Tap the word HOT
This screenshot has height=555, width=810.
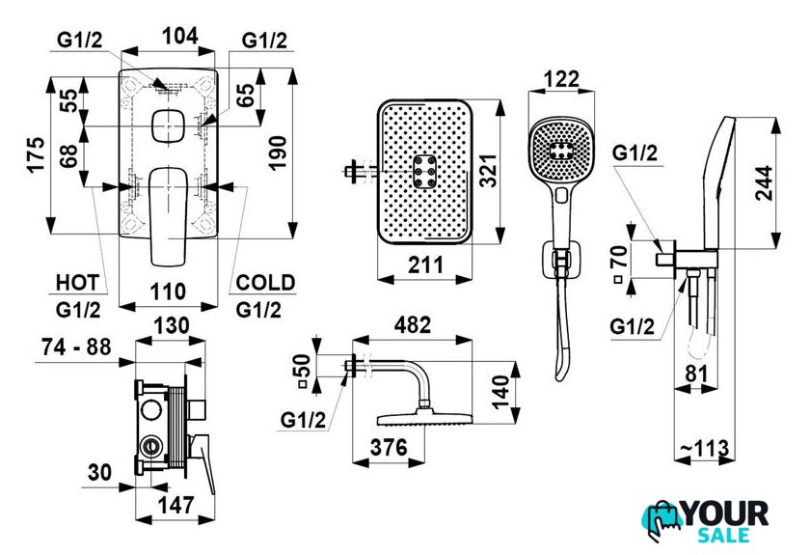coord(77,283)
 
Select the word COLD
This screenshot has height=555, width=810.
coord(266,283)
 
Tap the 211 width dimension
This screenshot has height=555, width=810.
coord(423,263)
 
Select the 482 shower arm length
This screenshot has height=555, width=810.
coord(409,326)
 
